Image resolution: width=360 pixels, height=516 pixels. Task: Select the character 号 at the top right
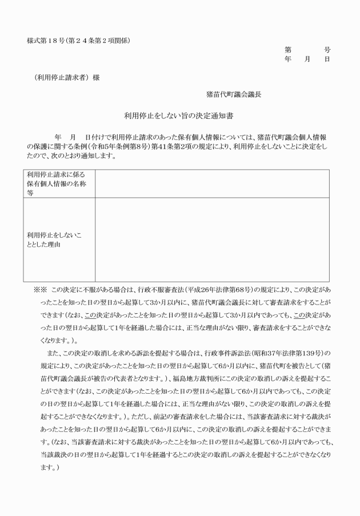(x=327, y=50)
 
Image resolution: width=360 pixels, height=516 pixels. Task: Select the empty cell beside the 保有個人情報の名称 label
(x=212, y=183)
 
